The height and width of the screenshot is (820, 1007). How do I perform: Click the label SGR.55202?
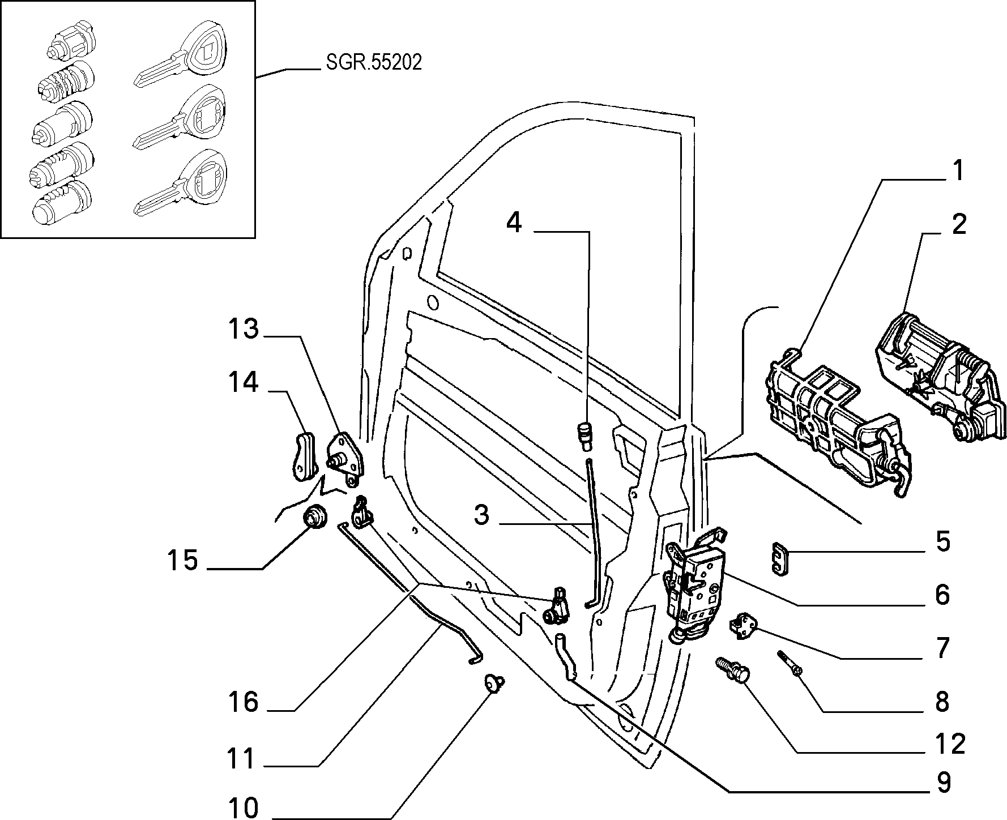point(374,63)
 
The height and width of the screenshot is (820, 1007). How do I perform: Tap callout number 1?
point(957,171)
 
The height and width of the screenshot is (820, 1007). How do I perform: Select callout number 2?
point(958,225)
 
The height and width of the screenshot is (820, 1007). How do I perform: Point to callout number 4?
point(514,223)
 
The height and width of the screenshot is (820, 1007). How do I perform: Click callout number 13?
point(244,329)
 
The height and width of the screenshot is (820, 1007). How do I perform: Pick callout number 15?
point(182,560)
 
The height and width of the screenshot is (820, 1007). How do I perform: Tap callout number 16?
point(244,702)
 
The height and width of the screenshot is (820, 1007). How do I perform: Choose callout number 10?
point(244,808)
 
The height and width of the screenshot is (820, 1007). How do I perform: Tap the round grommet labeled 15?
point(315,518)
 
